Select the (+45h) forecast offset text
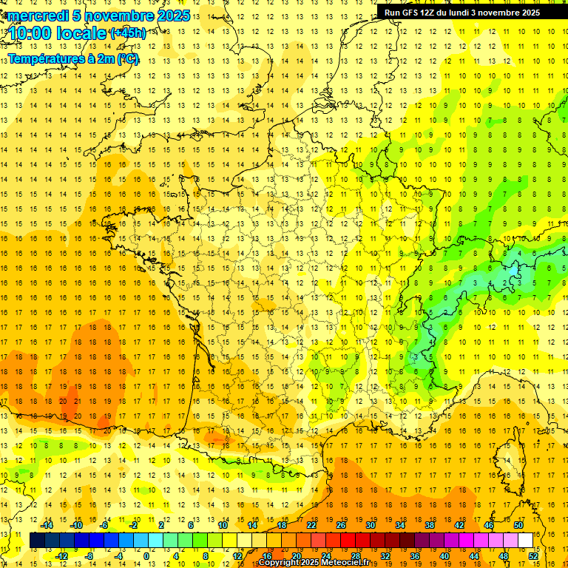tap(128, 33)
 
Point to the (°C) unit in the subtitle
tap(126, 58)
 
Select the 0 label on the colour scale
tap(146, 556)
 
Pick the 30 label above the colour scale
tap(370, 525)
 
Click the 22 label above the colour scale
tap(311, 525)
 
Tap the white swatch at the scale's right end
tap(525, 541)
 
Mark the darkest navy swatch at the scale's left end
tap(37, 541)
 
